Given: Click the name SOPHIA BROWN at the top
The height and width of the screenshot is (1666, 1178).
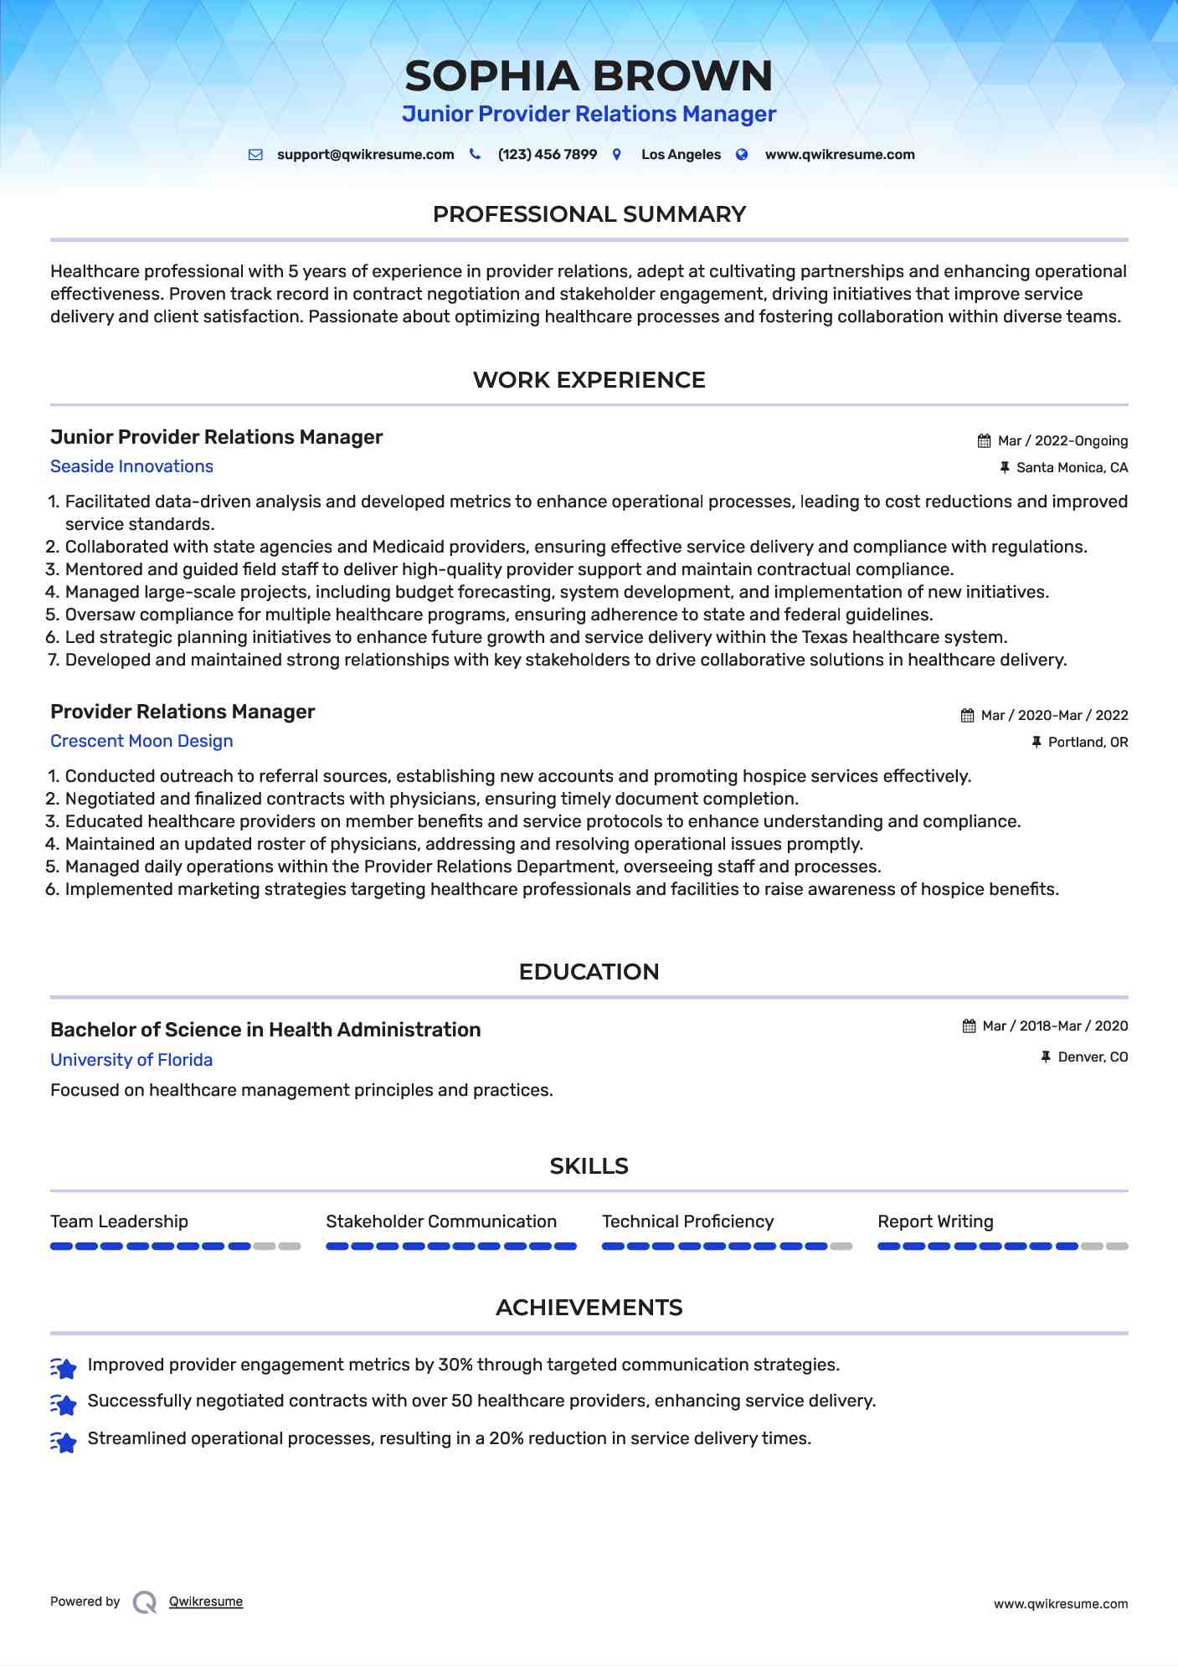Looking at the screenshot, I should [x=589, y=76].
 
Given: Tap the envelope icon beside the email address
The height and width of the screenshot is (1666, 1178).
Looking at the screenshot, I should [x=255, y=155].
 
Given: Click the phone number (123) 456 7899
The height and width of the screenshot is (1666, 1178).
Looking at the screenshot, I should [x=547, y=155].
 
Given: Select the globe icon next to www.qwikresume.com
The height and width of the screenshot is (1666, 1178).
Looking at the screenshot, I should [x=742, y=155].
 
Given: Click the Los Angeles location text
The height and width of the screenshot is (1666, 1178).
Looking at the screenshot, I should [x=681, y=155].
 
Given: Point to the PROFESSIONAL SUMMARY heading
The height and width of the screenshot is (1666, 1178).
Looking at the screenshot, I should [x=589, y=214].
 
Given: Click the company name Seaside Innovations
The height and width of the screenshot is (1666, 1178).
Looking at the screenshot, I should [x=131, y=466].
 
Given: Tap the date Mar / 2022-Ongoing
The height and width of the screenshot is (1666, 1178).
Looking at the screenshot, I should [x=1062, y=441].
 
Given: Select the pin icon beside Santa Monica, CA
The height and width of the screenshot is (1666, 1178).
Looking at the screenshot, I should [x=1005, y=468].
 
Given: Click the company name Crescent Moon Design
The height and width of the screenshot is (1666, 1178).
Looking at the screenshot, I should [x=141, y=741].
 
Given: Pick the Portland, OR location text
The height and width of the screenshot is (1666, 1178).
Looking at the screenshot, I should [x=1088, y=743].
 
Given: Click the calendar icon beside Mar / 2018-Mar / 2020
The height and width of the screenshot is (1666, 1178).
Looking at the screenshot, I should [x=969, y=1026].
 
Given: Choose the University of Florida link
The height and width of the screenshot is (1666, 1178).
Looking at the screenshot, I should [x=131, y=1060].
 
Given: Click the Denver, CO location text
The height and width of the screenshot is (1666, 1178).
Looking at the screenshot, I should [x=1093, y=1057].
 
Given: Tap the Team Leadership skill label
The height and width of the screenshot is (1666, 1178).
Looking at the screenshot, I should [x=119, y=1221].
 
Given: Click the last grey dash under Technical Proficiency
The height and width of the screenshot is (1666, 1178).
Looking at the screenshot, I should [x=841, y=1247].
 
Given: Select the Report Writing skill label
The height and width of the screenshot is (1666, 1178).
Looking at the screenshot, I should [x=935, y=1221].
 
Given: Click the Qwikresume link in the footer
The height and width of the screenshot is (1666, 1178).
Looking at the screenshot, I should [x=206, y=1602].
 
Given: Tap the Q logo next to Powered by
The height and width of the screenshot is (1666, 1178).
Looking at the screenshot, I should [x=145, y=1602].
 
